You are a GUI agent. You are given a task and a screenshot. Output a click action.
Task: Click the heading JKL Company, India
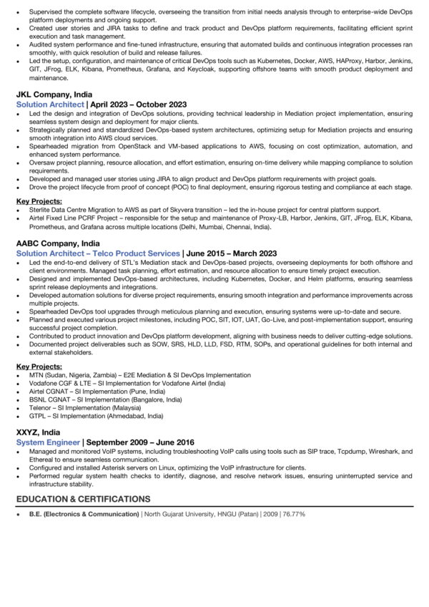pyautogui.click(x=54, y=94)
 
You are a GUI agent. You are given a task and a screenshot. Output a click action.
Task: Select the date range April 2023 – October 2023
pyautogui.click(x=136, y=104)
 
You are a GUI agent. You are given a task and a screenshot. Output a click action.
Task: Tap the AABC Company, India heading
pyautogui.click(x=59, y=243)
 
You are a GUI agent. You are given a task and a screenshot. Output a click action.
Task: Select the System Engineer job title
pyautogui.click(x=48, y=442)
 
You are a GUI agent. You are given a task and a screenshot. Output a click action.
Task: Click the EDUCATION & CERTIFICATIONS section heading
pyautogui.click(x=83, y=499)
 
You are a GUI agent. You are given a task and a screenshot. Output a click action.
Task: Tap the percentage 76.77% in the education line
pyautogui.click(x=293, y=514)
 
